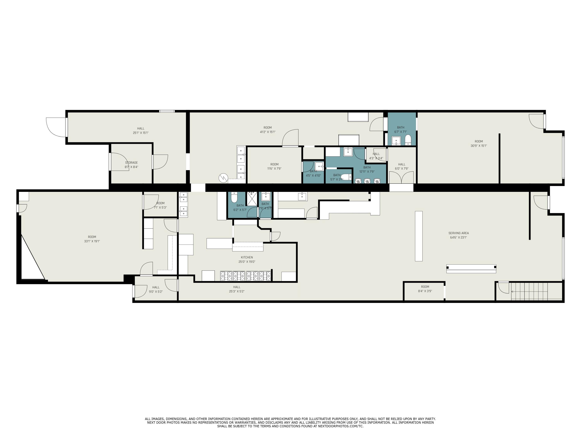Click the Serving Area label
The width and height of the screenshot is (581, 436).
(x=458, y=233)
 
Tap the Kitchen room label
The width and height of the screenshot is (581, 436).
(x=247, y=257)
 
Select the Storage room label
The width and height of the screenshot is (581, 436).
(x=131, y=163)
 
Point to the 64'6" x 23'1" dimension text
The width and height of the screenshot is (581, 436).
(x=458, y=238)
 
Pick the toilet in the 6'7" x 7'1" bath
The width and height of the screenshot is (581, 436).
(x=408, y=140)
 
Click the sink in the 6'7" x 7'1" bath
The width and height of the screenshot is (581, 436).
(x=396, y=141)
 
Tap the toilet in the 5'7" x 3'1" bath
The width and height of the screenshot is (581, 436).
(x=346, y=177)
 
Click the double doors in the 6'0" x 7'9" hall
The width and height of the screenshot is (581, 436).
(x=401, y=177)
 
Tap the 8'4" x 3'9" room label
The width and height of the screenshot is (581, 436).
(x=425, y=289)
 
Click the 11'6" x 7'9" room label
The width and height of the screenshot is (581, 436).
(x=274, y=166)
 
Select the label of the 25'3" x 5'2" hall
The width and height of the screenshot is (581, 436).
(x=237, y=289)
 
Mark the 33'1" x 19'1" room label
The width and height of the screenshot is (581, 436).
(x=92, y=239)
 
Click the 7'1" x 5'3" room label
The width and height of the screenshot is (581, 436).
(x=160, y=205)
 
